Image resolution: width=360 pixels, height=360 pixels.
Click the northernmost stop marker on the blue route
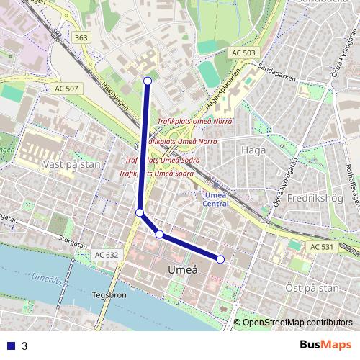148,81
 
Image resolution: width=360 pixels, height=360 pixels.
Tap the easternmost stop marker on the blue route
220,259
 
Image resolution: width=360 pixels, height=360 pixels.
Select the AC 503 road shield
244,53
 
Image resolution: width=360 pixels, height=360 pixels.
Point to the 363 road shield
81,37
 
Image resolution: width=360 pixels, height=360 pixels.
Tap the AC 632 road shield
106,255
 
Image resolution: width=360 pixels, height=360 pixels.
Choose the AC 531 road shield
323,247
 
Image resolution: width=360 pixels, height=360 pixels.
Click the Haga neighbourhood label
254,150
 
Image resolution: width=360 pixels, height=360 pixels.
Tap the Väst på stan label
71,164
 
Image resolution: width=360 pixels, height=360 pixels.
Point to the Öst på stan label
312,287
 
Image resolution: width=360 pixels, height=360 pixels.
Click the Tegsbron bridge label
109,294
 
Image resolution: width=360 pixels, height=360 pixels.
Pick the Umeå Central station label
216,199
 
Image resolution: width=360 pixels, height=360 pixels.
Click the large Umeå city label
181,270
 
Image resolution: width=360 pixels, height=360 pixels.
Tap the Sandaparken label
274,73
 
